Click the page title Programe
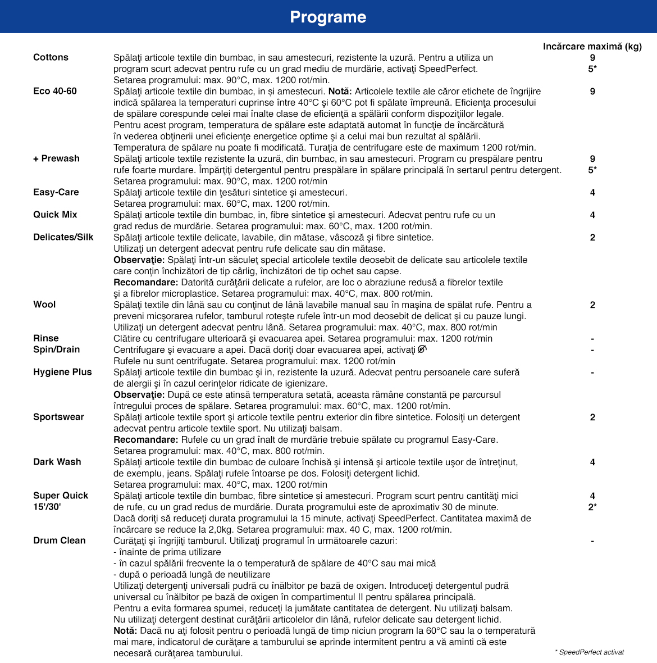tap(328, 17)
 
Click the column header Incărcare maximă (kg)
tap(592, 47)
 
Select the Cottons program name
tap(51, 57)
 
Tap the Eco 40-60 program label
tap(55, 91)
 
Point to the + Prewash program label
tap(56, 158)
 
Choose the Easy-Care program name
tap(56, 192)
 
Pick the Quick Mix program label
tap(55, 215)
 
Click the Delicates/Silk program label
tap(63, 237)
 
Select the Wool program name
tap(44, 305)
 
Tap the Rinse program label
tap(46, 338)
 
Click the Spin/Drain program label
tap(57, 349)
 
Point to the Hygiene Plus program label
tap(62, 372)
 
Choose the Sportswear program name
tap(58, 417)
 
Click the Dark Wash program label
tap(57, 462)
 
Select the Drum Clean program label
tap(60, 541)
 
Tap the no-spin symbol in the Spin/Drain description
tap(422, 349)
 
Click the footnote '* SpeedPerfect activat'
tap(589, 652)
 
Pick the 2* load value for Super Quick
tap(592, 507)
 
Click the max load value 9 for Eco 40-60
tap(592, 91)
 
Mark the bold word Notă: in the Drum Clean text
tap(125, 630)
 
